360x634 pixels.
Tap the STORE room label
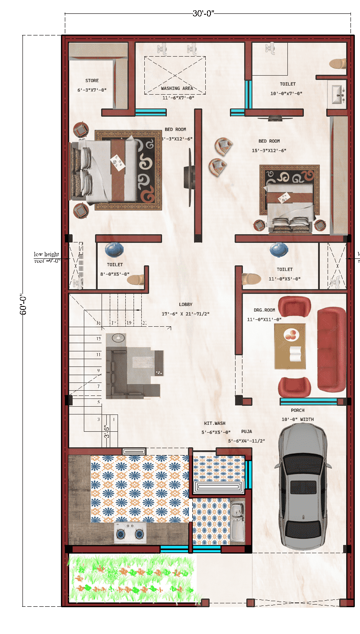point(92,80)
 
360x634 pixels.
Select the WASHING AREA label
point(177,88)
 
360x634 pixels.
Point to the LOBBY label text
point(185,305)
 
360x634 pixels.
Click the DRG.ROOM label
point(264,310)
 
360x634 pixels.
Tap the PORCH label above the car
point(297,410)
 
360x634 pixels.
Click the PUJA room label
point(247,431)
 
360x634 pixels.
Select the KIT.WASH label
point(215,424)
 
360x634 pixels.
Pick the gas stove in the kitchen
point(130,534)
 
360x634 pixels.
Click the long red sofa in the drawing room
point(331,349)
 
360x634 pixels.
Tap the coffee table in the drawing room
point(290,346)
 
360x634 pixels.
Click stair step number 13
point(99,339)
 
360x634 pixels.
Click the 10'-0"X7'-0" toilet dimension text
point(286,93)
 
